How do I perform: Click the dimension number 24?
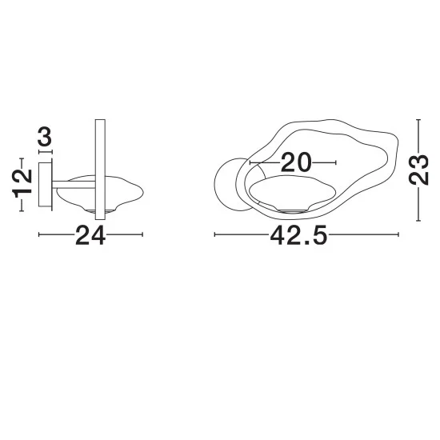(x=90, y=235)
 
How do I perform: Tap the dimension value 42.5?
(x=298, y=235)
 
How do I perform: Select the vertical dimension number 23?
(x=418, y=170)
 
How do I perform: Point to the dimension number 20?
(x=296, y=162)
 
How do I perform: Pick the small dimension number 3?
(x=45, y=137)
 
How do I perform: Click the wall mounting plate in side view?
(x=45, y=184)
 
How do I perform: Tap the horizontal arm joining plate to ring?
(x=74, y=184)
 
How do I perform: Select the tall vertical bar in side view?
(x=100, y=170)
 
